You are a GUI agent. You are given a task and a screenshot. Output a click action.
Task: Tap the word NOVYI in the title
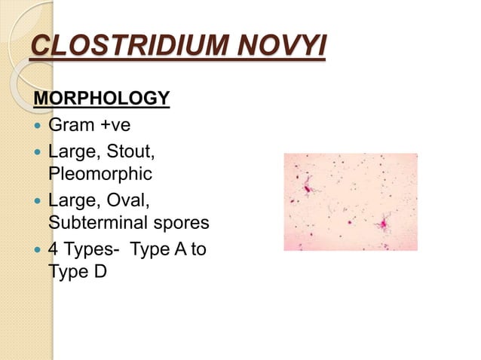(282, 45)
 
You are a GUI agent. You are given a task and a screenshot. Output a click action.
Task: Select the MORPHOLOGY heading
(102, 98)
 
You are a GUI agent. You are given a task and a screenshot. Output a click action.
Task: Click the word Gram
(71, 125)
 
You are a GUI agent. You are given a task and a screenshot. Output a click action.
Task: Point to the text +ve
(115, 125)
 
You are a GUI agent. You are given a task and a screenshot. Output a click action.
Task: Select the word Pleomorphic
(100, 174)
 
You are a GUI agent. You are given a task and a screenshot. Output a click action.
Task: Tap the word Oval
(128, 200)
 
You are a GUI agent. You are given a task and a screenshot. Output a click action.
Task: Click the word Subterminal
(99, 222)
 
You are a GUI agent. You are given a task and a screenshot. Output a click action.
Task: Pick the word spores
(181, 224)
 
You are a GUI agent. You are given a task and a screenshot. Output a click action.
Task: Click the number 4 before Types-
(53, 249)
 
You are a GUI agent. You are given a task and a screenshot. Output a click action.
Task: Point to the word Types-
(92, 250)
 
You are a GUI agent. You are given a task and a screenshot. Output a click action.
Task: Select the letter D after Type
(100, 271)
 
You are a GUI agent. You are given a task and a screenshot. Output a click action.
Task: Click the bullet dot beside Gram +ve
(38, 125)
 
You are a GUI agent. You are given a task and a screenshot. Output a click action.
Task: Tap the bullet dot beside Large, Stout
(38, 152)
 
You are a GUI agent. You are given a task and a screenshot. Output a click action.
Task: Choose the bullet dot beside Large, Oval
(38, 201)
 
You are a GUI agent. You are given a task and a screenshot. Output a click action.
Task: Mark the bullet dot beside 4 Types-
(38, 250)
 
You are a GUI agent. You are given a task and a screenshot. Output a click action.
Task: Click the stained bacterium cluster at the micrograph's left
(308, 188)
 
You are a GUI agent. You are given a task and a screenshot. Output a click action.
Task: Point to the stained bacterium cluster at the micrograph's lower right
(384, 224)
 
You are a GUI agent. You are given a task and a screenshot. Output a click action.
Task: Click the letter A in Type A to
(180, 249)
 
